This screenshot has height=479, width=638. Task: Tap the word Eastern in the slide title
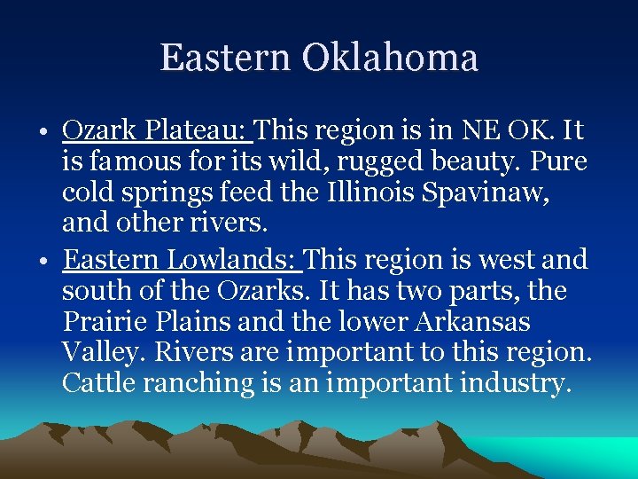pyautogui.click(x=225, y=58)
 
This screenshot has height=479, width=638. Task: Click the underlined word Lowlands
pyautogui.click(x=231, y=260)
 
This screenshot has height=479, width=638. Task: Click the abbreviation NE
pyautogui.click(x=479, y=131)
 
